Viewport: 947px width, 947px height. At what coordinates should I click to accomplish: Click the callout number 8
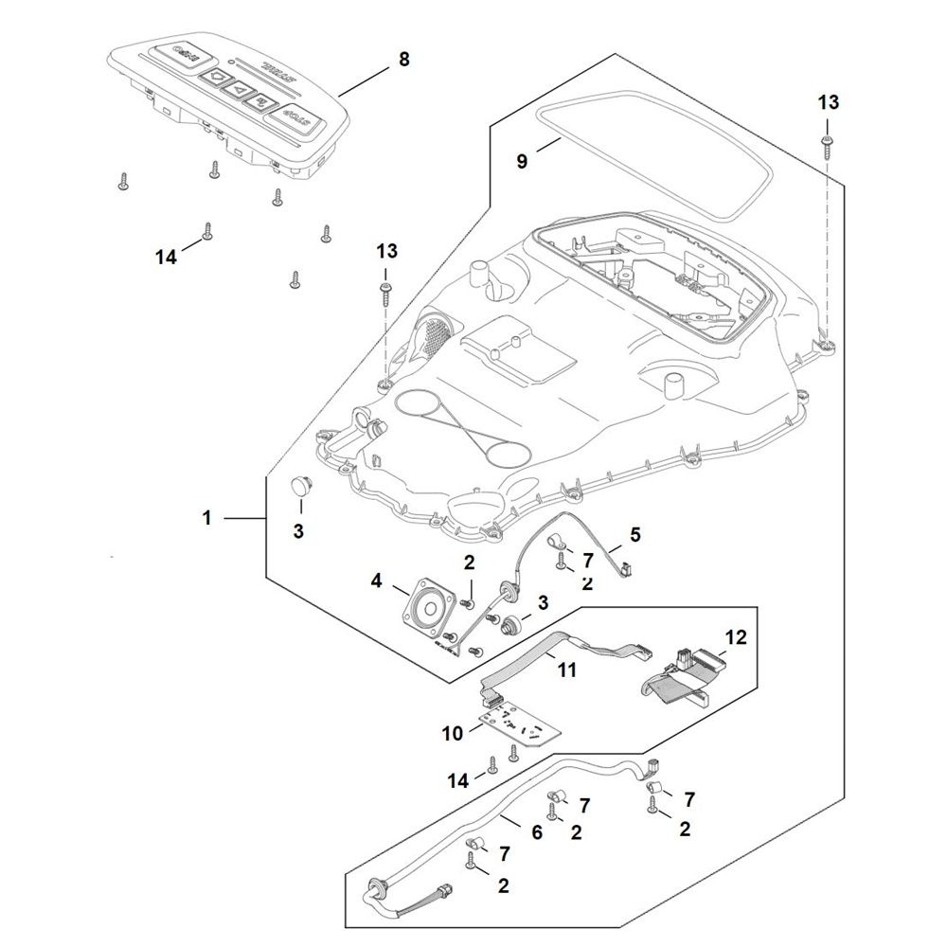(404, 59)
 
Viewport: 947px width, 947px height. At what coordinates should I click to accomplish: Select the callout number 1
(206, 518)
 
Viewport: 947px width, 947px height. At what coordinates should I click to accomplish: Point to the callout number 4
(377, 581)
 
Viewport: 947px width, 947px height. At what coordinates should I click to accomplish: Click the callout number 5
(635, 534)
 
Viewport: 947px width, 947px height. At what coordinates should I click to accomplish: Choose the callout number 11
(566, 670)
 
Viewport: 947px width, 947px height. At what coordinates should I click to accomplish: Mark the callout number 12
(736, 636)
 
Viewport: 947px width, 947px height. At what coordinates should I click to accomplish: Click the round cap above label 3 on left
(302, 486)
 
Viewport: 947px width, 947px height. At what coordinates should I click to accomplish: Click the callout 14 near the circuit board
(459, 780)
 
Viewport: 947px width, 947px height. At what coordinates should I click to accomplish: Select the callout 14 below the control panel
(167, 257)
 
